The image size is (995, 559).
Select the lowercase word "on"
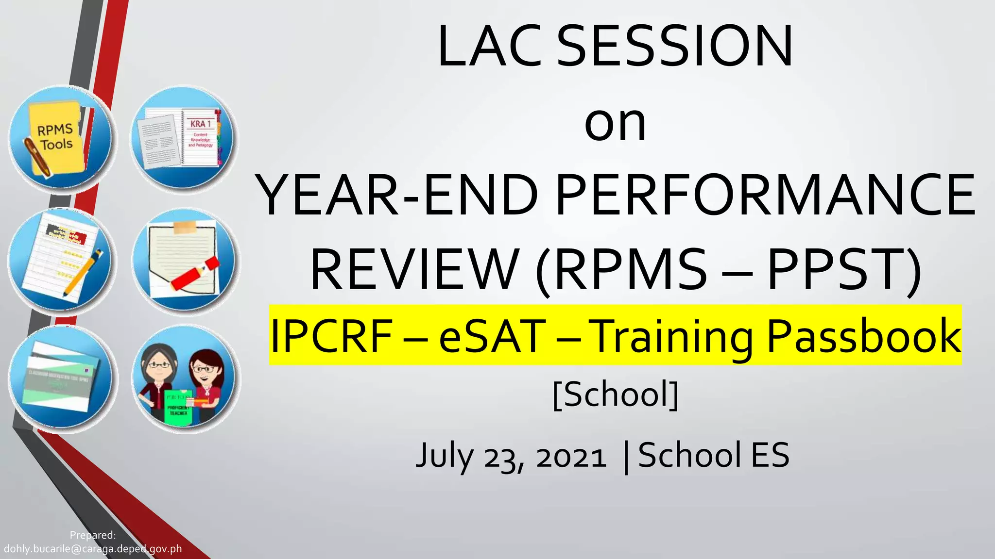tap(615, 124)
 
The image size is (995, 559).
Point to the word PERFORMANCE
tap(765, 195)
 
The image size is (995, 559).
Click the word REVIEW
tap(414, 269)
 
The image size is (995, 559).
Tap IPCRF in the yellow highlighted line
tap(331, 336)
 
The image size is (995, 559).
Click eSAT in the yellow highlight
tap(492, 336)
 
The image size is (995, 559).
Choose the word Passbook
tap(863, 336)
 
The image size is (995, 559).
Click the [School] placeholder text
tap(615, 394)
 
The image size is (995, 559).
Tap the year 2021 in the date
tap(571, 456)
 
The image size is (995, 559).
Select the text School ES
tap(713, 455)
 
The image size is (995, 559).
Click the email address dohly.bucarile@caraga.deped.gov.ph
tap(93, 549)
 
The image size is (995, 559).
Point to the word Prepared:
tap(93, 535)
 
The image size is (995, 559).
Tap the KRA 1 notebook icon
tap(185, 138)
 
